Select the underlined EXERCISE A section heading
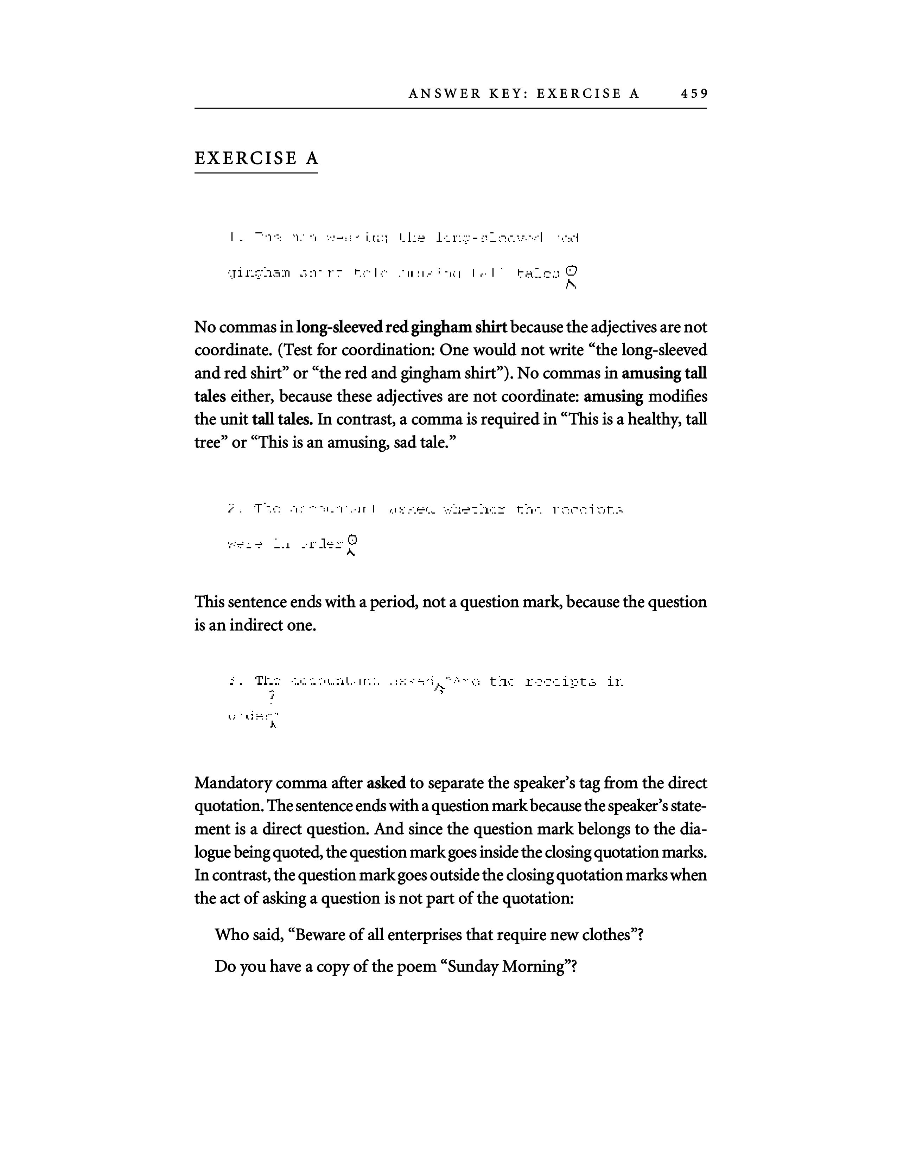coord(256,158)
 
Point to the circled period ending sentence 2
coord(351,541)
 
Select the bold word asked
coord(386,784)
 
